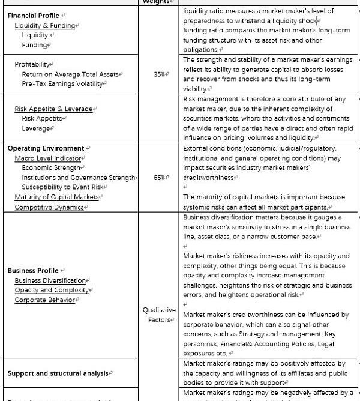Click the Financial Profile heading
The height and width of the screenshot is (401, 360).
point(34,16)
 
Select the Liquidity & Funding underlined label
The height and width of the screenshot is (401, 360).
point(45,26)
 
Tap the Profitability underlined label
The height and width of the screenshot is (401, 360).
point(33,64)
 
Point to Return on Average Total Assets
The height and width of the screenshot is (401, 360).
point(70,74)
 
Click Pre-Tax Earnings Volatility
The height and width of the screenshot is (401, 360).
point(64,84)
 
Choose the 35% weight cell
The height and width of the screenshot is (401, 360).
point(158,74)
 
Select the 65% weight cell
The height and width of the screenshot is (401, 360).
point(158,178)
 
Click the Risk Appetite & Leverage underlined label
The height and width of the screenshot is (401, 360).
point(53,109)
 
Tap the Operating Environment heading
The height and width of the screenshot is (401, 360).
point(46,148)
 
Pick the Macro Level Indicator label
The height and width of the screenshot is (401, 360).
point(48,158)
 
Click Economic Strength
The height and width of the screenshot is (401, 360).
point(51,168)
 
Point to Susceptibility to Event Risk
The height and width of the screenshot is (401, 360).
point(64,187)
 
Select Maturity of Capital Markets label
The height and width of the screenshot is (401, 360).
point(56,197)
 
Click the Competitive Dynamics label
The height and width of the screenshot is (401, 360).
point(49,207)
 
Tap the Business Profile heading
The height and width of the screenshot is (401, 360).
point(34,270)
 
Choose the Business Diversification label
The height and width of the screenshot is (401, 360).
point(50,280)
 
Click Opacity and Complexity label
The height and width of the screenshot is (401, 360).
point(52,290)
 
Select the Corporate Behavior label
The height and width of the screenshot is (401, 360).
point(45,300)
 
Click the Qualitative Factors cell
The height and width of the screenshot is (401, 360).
point(159,315)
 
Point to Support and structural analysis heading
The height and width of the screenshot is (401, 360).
point(58,373)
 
